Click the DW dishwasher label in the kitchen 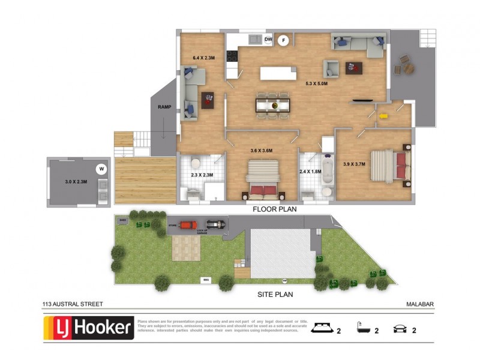268,40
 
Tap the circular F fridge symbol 285,40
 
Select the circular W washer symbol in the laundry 101,169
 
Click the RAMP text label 164,107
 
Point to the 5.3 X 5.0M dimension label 316,84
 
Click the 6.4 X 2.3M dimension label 203,58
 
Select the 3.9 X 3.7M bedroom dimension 354,164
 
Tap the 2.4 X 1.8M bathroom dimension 310,172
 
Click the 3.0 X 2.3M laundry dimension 76,181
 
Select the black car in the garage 218,225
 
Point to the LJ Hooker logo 89,328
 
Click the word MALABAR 419,305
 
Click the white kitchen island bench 278,74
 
